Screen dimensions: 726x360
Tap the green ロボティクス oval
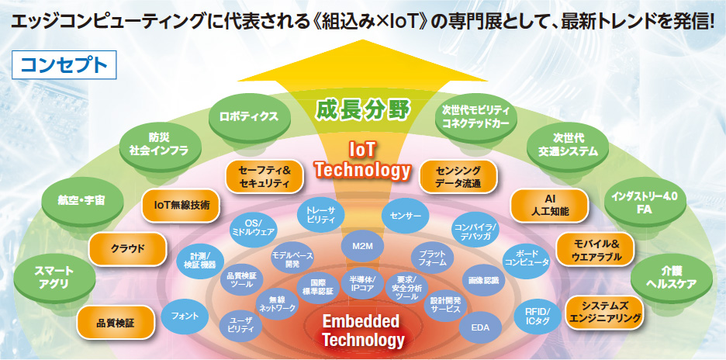point(249,116)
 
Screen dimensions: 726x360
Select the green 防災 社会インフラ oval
point(162,144)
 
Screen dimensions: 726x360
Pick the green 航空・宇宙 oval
point(82,200)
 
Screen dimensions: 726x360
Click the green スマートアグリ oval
point(54,277)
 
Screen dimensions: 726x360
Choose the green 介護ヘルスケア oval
point(672,277)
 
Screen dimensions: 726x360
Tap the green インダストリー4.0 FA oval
point(645,202)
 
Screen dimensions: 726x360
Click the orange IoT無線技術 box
point(180,205)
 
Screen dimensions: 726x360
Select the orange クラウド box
point(127,249)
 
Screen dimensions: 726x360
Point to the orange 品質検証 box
point(116,322)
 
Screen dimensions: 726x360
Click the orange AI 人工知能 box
point(550,205)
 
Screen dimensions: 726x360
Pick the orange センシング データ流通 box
point(458,177)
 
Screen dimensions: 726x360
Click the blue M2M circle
point(362,247)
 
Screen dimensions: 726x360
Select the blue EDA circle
point(480,328)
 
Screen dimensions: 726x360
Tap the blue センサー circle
point(402,216)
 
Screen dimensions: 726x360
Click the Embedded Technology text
point(363,331)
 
